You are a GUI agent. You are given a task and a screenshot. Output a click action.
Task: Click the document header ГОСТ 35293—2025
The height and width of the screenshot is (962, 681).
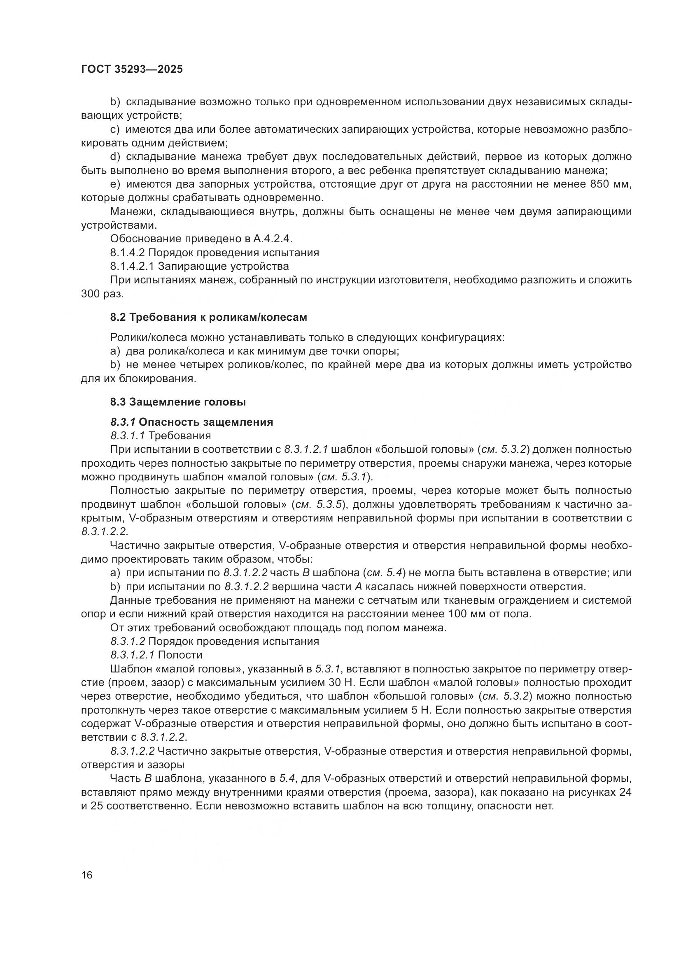click(x=132, y=70)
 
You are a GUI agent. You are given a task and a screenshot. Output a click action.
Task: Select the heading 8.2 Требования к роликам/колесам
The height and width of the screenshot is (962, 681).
click(x=208, y=317)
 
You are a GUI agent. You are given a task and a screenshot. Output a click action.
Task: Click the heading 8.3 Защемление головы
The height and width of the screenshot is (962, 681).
click(x=178, y=402)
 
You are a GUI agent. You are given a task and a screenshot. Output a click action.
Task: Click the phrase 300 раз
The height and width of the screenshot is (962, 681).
click(x=103, y=294)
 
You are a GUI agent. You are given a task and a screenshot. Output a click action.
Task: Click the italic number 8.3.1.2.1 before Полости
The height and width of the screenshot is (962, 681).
click(x=133, y=655)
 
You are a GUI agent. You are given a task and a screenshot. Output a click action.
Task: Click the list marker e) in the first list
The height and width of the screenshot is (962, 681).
click(x=115, y=184)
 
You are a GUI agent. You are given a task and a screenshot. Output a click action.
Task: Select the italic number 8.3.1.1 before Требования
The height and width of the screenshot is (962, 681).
click(x=128, y=436)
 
